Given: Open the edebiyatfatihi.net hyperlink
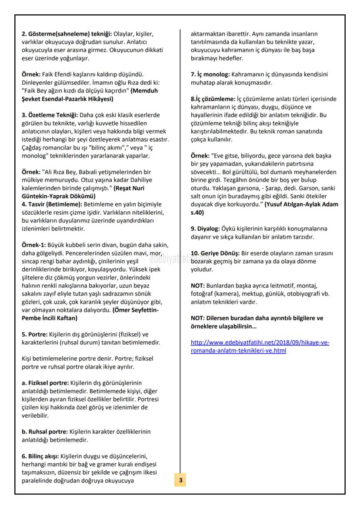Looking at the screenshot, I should click(x=260, y=346).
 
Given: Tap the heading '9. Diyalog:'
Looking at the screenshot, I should click(x=206, y=228).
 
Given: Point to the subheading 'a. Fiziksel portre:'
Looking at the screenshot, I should click(x=49, y=383).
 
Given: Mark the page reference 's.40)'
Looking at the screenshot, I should click(x=199, y=213).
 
